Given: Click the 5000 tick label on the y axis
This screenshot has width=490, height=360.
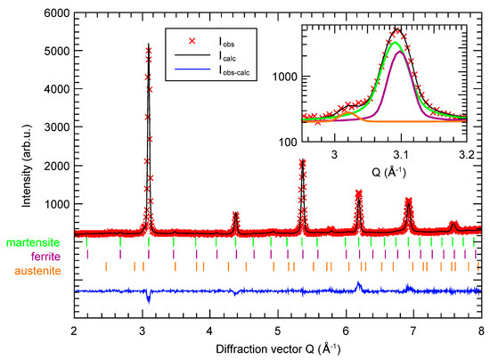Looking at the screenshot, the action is [x=57, y=51].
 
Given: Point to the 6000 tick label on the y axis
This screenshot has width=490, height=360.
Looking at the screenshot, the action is [x=57, y=13].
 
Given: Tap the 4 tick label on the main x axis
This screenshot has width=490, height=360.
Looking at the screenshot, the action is [x=209, y=331].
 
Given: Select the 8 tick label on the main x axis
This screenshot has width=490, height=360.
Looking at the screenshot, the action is [x=481, y=331].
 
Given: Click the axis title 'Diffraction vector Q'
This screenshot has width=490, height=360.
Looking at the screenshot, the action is [x=265, y=349].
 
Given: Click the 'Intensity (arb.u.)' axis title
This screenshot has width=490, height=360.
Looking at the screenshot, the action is [x=27, y=166].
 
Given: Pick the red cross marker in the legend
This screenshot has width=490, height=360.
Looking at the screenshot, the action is [x=192, y=41].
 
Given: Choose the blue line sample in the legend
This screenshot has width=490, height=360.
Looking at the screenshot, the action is [x=192, y=70].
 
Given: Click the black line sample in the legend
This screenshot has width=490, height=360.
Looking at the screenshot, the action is [x=192, y=55].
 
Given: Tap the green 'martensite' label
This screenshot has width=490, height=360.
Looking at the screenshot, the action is [x=33, y=242].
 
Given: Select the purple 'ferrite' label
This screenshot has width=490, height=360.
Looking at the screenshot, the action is [x=45, y=257].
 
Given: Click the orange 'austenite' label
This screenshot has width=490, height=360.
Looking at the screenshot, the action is [x=37, y=271].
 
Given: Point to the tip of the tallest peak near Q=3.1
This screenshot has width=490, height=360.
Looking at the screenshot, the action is [x=149, y=44].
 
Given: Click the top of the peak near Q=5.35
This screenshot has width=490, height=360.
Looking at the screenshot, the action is [x=303, y=160].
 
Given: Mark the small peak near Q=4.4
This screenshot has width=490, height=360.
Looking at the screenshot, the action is [x=236, y=212].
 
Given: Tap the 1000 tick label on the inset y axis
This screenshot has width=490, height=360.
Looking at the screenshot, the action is [x=285, y=77].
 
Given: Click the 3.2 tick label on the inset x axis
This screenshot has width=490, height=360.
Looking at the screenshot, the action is [x=467, y=155].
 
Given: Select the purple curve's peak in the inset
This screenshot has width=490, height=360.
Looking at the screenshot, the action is [x=399, y=52].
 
